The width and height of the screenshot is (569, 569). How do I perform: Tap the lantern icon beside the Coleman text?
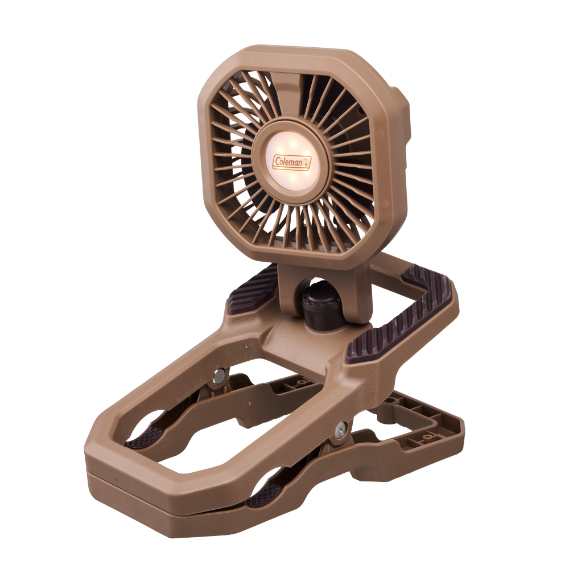coord(307,163)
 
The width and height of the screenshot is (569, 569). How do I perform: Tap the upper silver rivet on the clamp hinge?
coord(218,376)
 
